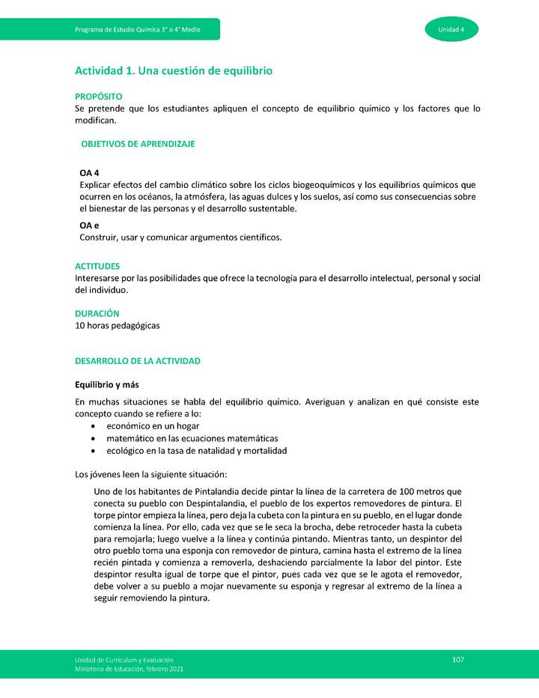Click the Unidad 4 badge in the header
pos(451,29)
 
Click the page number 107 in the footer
pos(458,659)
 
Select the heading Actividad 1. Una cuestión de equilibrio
pos(173,70)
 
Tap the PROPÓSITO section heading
pos(98,97)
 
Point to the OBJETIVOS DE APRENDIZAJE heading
pos(138,144)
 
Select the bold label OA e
pos(89,225)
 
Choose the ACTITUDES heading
pos(97,266)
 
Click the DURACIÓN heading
pos(97,314)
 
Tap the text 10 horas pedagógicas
pos(117,326)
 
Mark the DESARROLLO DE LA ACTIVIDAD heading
pos(138,361)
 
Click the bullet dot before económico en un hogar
pos(92,426)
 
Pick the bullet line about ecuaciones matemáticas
pos(192,438)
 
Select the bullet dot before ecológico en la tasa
pos(92,451)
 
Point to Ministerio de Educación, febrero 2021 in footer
pos(129,668)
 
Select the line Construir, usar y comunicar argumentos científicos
pos(180,237)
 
